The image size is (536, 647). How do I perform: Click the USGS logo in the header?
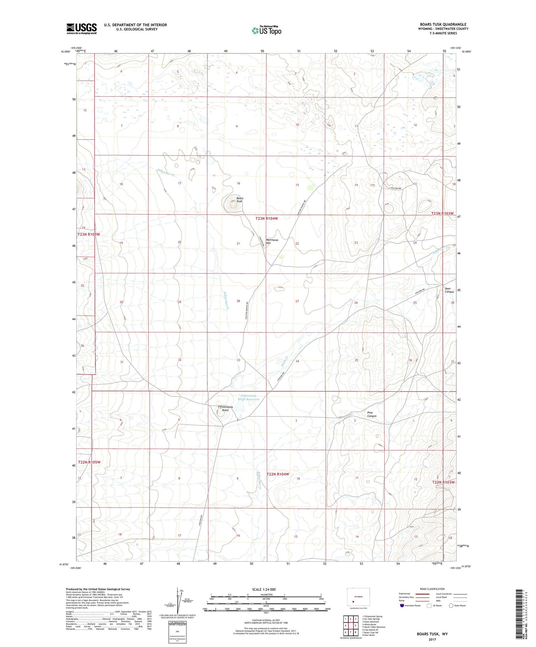[x=82, y=29]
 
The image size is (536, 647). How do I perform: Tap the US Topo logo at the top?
[x=266, y=30]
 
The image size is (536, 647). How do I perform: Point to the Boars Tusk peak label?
[x=240, y=200]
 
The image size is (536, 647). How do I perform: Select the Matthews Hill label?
[x=272, y=241]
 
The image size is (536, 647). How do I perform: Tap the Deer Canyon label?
[x=449, y=290]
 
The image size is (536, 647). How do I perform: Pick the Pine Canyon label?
[x=372, y=414]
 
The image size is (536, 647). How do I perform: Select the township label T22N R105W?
[x=89, y=462]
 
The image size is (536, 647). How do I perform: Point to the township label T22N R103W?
[x=443, y=482]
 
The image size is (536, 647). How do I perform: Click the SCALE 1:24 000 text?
[x=264, y=589]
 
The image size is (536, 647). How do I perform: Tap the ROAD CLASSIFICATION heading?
[x=432, y=589]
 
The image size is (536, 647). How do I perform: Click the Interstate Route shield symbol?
[x=402, y=605]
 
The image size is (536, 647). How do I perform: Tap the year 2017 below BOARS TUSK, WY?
[x=432, y=640]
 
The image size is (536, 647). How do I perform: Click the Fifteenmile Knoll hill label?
[x=226, y=408]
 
